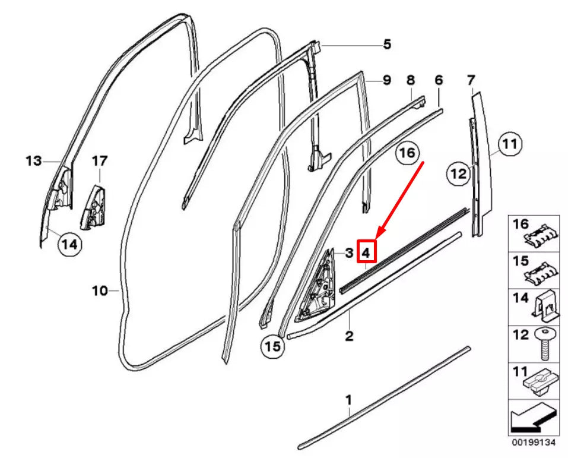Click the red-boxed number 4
point(366,253)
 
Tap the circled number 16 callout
point(407,153)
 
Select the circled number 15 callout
point(272,346)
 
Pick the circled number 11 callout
point(508,143)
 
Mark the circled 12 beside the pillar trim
point(458,173)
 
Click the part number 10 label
point(99,290)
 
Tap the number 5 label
point(386,44)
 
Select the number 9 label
point(386,80)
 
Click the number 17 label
point(100,160)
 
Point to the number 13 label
point(33,160)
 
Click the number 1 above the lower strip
point(349,399)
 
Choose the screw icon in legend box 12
point(545,343)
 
